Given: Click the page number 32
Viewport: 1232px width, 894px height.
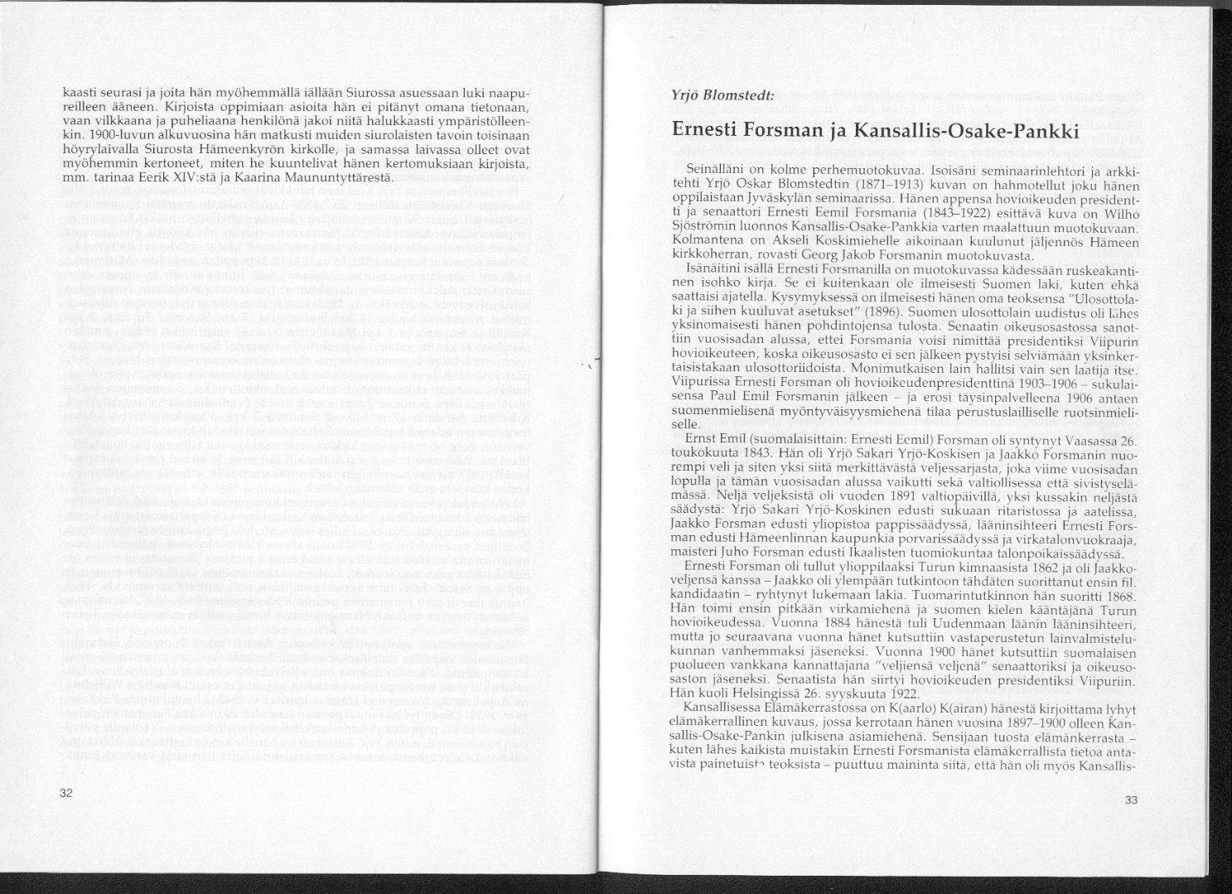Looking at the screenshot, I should click(67, 792).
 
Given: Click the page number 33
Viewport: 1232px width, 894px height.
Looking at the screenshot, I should click(1133, 800).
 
